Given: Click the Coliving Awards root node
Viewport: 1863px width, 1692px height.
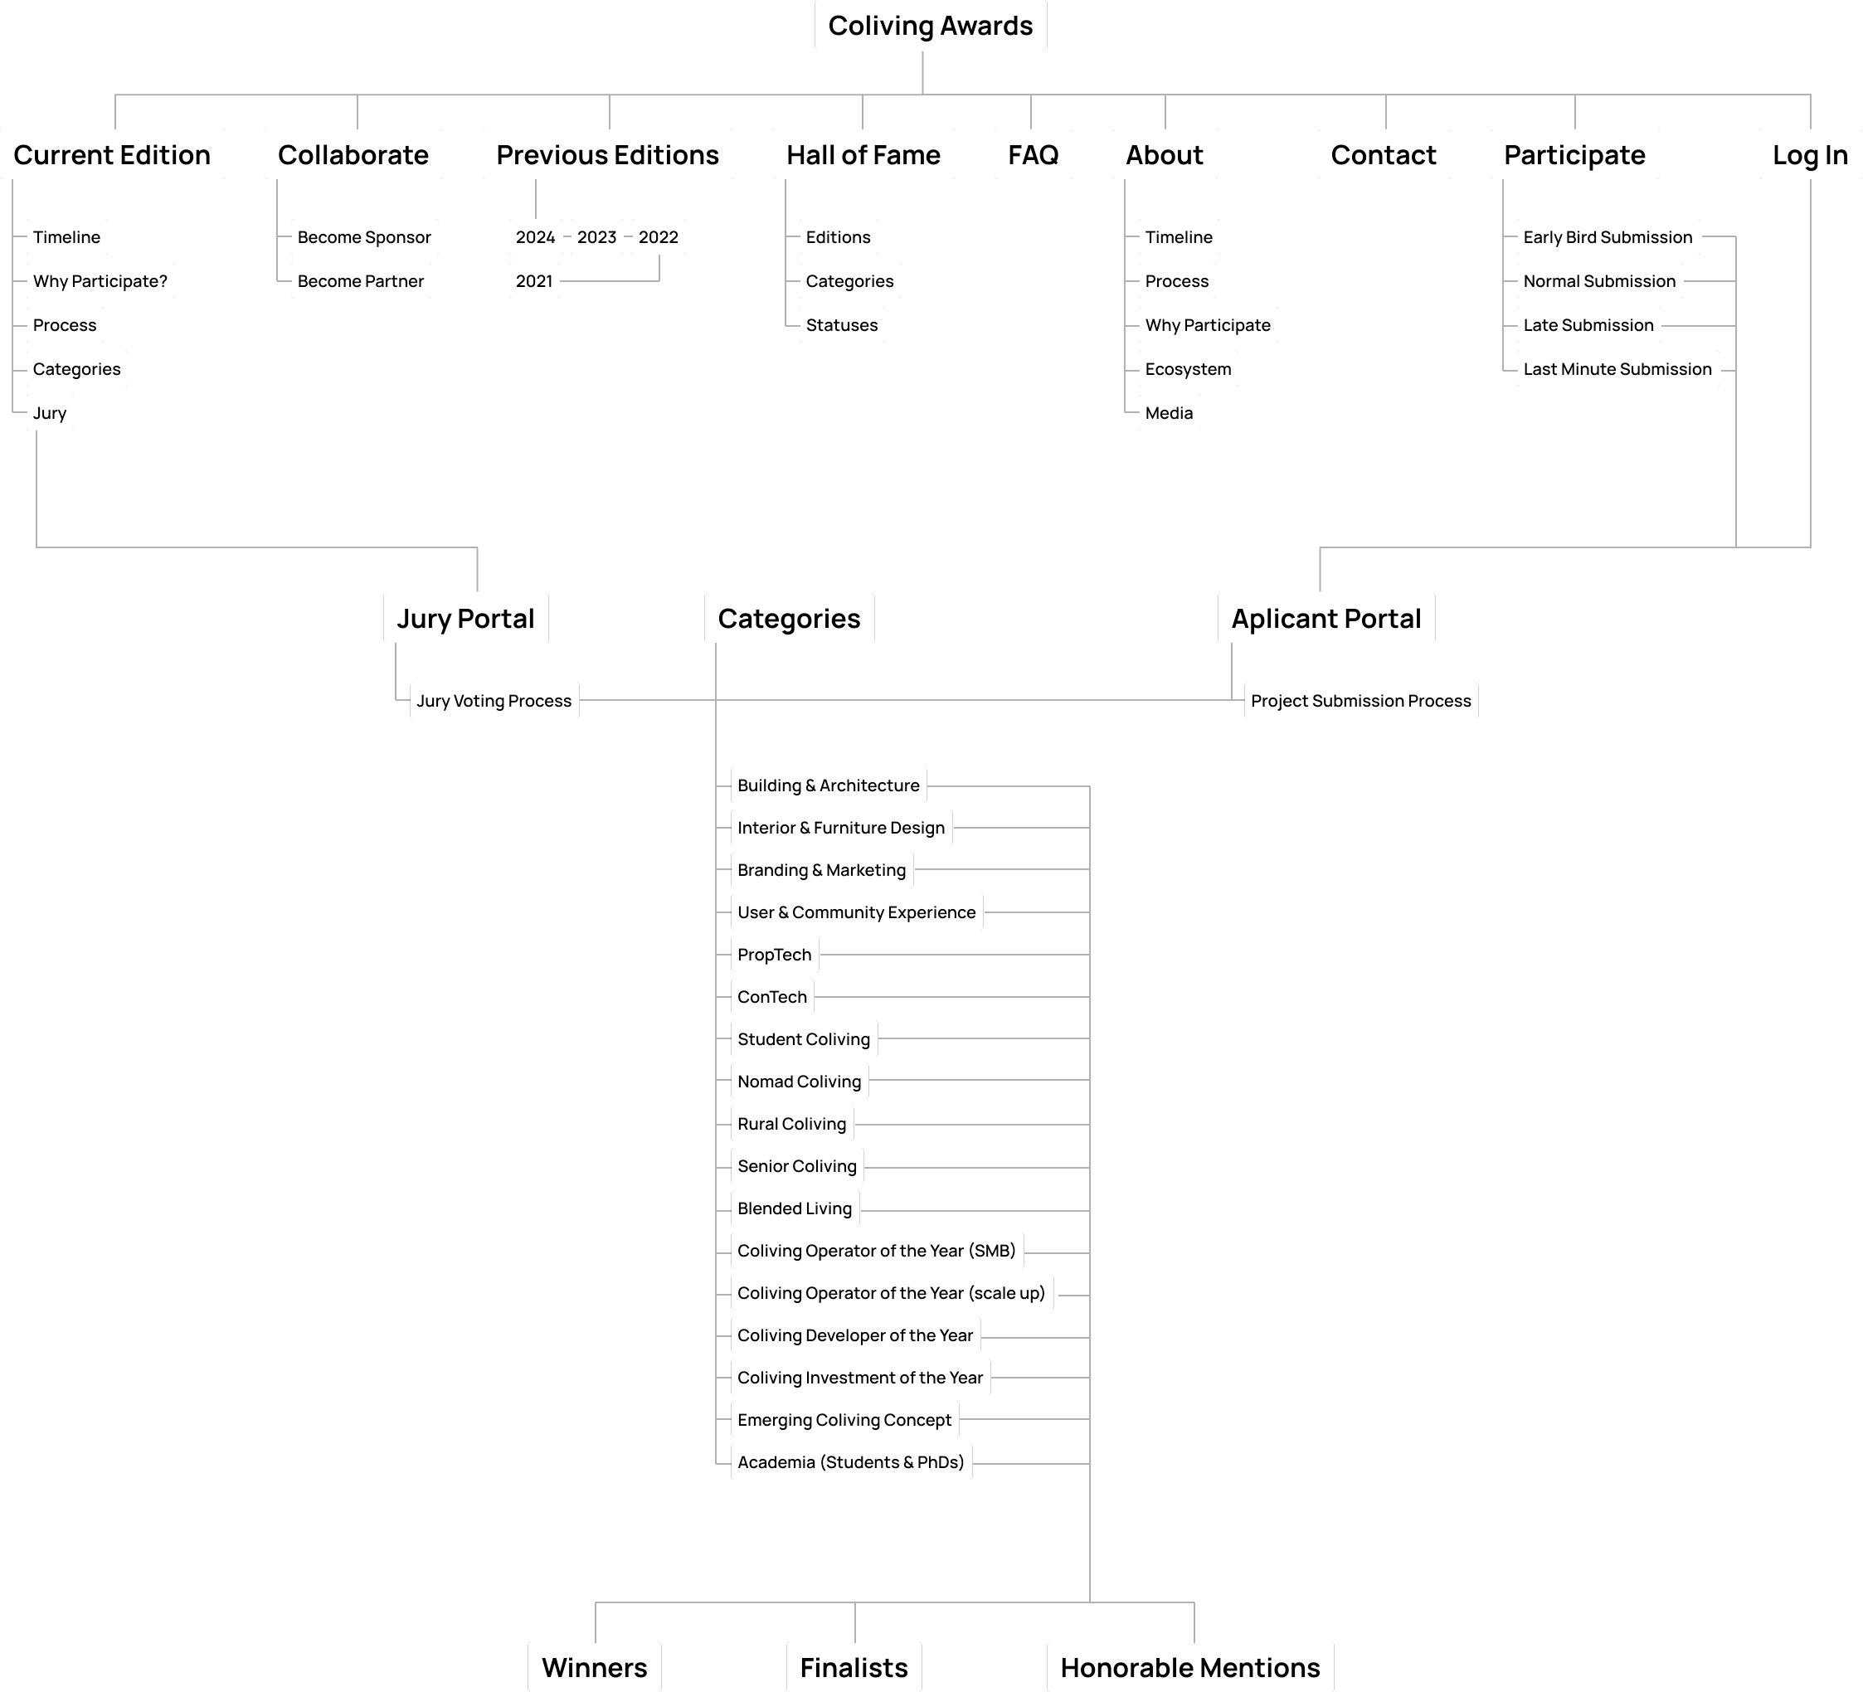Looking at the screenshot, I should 930,26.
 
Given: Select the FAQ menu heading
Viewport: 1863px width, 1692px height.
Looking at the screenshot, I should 1032,155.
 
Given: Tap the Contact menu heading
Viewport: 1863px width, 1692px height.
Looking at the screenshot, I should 1384,155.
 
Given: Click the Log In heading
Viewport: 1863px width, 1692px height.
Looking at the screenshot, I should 1809,155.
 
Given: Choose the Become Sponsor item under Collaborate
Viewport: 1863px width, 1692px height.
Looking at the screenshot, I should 364,237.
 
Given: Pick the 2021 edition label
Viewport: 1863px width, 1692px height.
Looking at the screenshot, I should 534,281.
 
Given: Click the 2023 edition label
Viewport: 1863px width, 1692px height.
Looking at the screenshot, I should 596,237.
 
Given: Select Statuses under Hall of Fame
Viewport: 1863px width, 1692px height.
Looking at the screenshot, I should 841,325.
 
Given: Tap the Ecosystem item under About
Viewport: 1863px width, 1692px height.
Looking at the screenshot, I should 1188,370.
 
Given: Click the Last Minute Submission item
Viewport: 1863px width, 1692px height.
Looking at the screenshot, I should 1617,370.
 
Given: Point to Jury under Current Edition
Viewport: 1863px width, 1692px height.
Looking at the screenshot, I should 50,413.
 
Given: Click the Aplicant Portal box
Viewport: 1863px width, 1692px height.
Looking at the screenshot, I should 1326,618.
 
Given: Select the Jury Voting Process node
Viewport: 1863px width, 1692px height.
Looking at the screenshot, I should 494,702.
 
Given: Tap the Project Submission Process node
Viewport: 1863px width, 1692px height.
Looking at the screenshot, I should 1360,702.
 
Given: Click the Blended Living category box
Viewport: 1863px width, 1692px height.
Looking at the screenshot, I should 795,1208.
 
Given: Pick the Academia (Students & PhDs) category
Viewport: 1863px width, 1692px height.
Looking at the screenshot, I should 850,1463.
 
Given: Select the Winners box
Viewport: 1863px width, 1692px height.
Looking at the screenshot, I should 594,1668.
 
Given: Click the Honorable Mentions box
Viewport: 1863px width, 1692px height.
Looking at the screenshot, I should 1190,1668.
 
